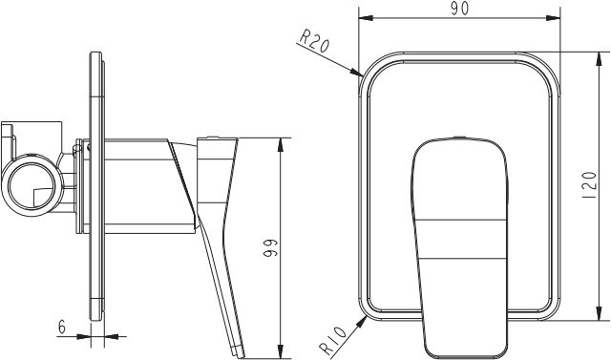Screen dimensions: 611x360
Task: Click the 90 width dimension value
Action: click(x=460, y=9)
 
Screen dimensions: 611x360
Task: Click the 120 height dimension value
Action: click(x=590, y=185)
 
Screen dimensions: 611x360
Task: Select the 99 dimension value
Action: click(x=270, y=247)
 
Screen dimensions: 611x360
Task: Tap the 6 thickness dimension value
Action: click(x=62, y=327)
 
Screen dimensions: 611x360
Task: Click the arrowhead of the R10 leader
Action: click(x=362, y=321)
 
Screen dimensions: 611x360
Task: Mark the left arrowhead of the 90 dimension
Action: click(x=366, y=18)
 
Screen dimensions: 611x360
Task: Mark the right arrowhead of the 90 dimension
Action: click(x=553, y=18)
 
